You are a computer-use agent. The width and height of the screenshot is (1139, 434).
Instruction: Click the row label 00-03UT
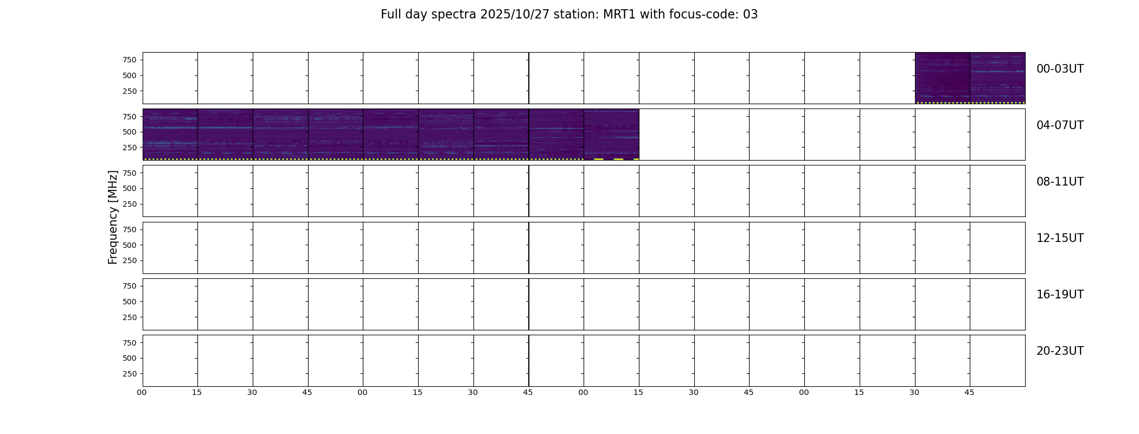coord(1060,69)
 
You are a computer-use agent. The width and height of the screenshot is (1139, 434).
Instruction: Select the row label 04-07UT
coord(1060,125)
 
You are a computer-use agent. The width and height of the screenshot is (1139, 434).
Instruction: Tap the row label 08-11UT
coord(1060,182)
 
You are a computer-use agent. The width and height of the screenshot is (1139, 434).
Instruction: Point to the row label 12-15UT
coord(1060,238)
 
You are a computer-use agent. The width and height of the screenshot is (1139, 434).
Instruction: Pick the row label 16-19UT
coord(1060,295)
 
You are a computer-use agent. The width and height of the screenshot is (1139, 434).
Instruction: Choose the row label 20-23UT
coord(1060,351)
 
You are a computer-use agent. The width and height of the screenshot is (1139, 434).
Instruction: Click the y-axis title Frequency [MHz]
coord(113,217)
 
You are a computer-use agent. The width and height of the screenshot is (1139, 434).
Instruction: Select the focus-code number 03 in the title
coord(750,15)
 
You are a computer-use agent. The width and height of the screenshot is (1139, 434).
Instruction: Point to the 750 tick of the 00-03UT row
coord(130,60)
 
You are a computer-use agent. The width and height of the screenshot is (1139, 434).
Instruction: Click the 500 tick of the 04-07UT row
coord(130,132)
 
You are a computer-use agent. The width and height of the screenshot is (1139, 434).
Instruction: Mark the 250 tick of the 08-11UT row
coord(130,204)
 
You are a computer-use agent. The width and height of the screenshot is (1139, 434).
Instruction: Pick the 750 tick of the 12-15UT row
coord(130,229)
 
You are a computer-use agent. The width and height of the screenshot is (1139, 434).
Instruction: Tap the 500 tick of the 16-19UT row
coord(130,302)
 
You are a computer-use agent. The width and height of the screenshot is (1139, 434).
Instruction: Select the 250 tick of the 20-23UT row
coord(130,374)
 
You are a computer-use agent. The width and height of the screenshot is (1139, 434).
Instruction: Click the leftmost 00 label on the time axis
coord(142,392)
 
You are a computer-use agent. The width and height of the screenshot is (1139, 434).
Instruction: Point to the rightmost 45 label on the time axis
coord(969,392)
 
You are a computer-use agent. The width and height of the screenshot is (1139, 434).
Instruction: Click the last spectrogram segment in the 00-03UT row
coord(997,78)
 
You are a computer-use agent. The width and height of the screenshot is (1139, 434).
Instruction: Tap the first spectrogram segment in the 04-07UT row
coord(170,134)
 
